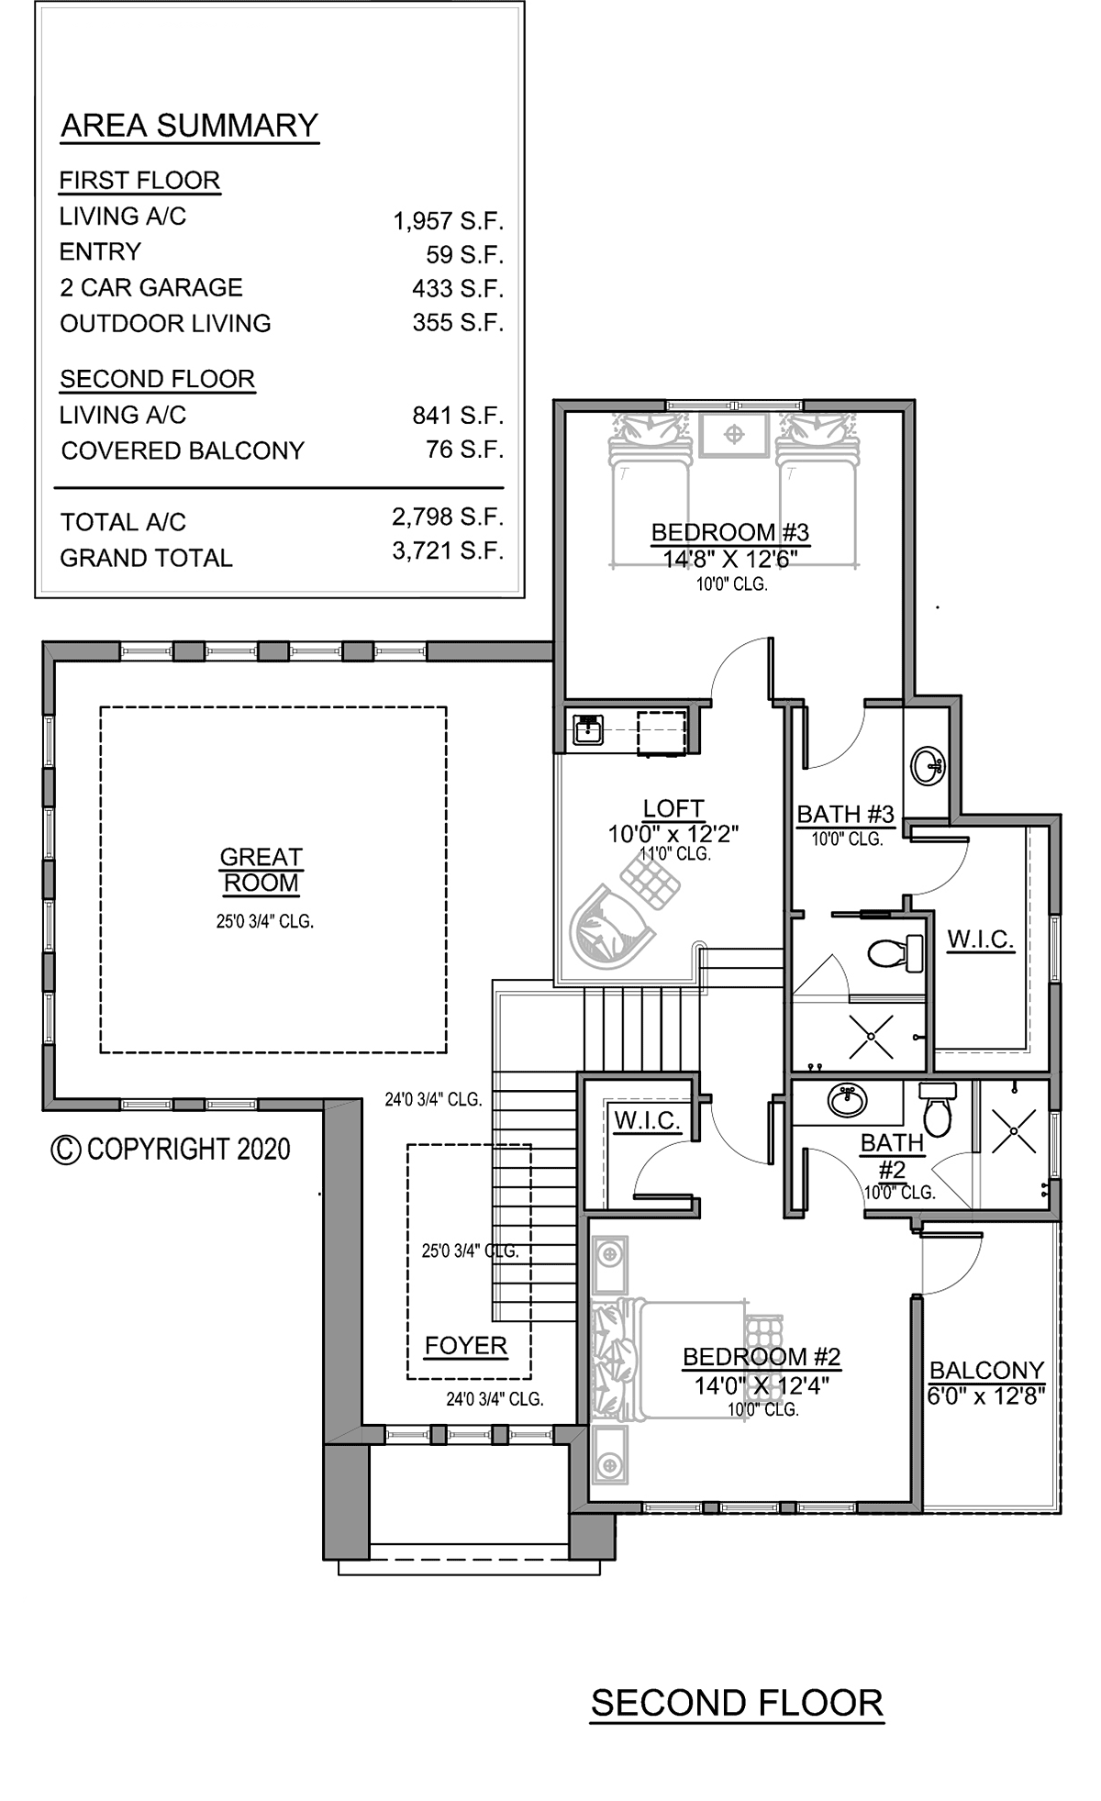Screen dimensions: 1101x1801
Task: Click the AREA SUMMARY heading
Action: coord(189,126)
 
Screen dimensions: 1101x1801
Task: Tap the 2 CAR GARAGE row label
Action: coord(151,287)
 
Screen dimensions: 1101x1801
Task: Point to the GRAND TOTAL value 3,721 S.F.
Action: coord(449,551)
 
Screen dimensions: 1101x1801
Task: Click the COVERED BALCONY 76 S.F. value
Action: coord(465,450)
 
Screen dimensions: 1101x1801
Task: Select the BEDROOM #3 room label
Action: coord(730,532)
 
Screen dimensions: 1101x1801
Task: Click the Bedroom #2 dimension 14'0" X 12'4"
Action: coord(762,1385)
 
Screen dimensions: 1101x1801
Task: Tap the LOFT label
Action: coord(673,808)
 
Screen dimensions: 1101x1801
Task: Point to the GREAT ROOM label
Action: coord(261,870)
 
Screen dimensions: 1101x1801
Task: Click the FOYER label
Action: coord(466,1346)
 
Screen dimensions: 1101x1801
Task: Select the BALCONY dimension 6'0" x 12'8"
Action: coord(987,1396)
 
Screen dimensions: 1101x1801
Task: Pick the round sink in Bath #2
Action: coord(847,1100)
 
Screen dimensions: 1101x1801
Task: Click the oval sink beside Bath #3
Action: coord(928,765)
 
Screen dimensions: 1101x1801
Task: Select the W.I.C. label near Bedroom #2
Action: coord(647,1120)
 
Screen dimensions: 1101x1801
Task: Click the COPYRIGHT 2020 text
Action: coord(172,1150)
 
